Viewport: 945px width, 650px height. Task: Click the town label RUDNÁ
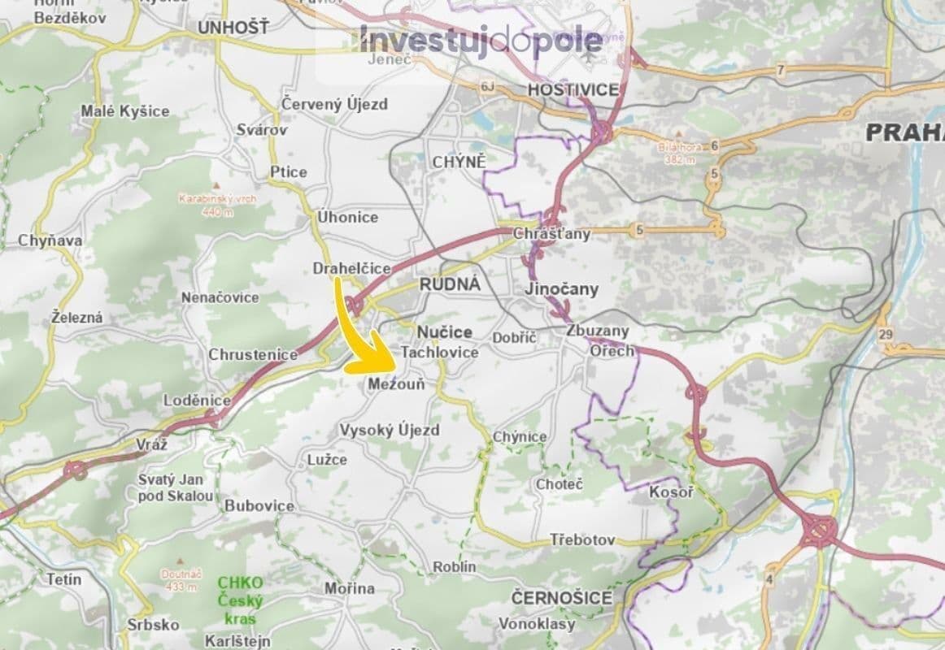(x=450, y=284)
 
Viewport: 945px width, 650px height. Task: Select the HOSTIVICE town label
(x=573, y=89)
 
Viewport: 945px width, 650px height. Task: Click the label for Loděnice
(x=198, y=401)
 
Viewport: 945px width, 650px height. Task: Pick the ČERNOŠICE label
(x=562, y=598)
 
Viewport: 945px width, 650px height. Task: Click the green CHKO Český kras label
(x=240, y=600)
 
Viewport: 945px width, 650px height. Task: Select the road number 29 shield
(x=886, y=335)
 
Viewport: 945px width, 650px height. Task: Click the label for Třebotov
(x=582, y=540)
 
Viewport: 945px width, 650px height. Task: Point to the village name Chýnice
(x=520, y=437)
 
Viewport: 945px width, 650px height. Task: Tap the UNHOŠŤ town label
(x=233, y=28)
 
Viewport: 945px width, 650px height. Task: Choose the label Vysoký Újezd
(x=390, y=430)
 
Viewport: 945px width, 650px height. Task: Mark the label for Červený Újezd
(x=334, y=104)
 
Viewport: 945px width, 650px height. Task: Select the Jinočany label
(x=561, y=288)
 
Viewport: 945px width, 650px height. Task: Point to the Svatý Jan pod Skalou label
(x=176, y=487)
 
